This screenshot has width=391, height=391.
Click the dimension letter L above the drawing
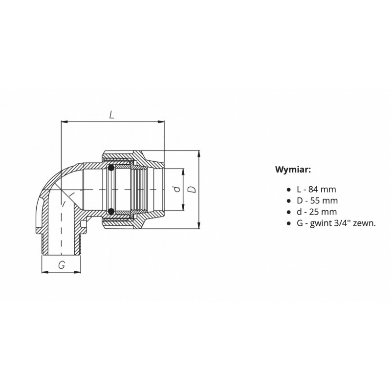[x=112, y=114]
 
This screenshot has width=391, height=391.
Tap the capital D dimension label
[x=192, y=189]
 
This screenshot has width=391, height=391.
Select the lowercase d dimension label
[x=177, y=189]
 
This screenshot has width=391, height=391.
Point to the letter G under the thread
[x=62, y=265]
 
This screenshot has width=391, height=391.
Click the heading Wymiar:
[x=293, y=170]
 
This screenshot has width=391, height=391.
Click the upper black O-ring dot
[x=111, y=168]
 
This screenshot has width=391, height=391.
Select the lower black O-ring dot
[x=111, y=212]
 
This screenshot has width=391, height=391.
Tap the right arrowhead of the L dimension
[x=162, y=122]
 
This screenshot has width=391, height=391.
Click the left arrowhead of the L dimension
[x=65, y=122]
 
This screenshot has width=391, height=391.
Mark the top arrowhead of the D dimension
[x=199, y=153]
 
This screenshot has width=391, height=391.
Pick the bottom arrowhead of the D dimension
[x=199, y=226]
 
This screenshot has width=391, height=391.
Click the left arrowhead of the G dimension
[x=45, y=272]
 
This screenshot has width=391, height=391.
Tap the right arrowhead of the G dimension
[x=78, y=272]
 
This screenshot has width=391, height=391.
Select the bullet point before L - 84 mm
[x=289, y=190]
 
